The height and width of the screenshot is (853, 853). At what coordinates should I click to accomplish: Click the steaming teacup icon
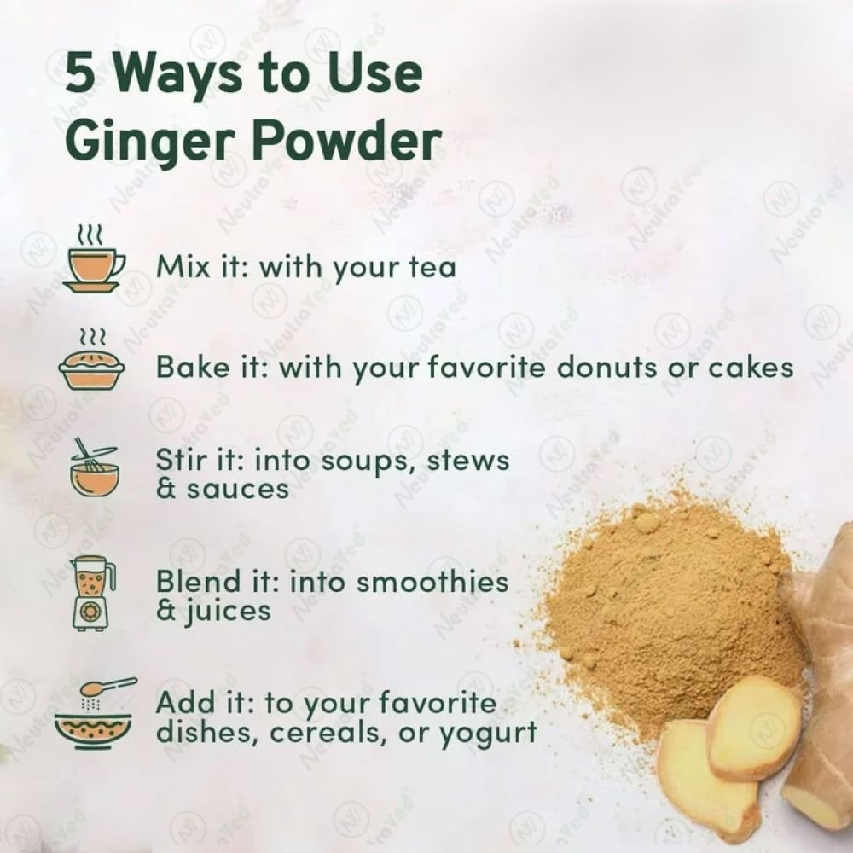click(x=94, y=260)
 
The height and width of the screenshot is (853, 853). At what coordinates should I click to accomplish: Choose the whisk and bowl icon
click(x=93, y=467)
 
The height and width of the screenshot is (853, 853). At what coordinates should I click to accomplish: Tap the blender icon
click(x=92, y=594)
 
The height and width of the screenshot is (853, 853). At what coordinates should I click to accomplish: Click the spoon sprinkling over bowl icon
click(x=94, y=714)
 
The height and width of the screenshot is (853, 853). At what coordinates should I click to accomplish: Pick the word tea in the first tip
click(x=432, y=268)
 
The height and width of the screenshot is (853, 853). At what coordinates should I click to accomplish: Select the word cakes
click(x=751, y=368)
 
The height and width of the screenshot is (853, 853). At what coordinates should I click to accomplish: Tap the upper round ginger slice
click(x=755, y=726)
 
